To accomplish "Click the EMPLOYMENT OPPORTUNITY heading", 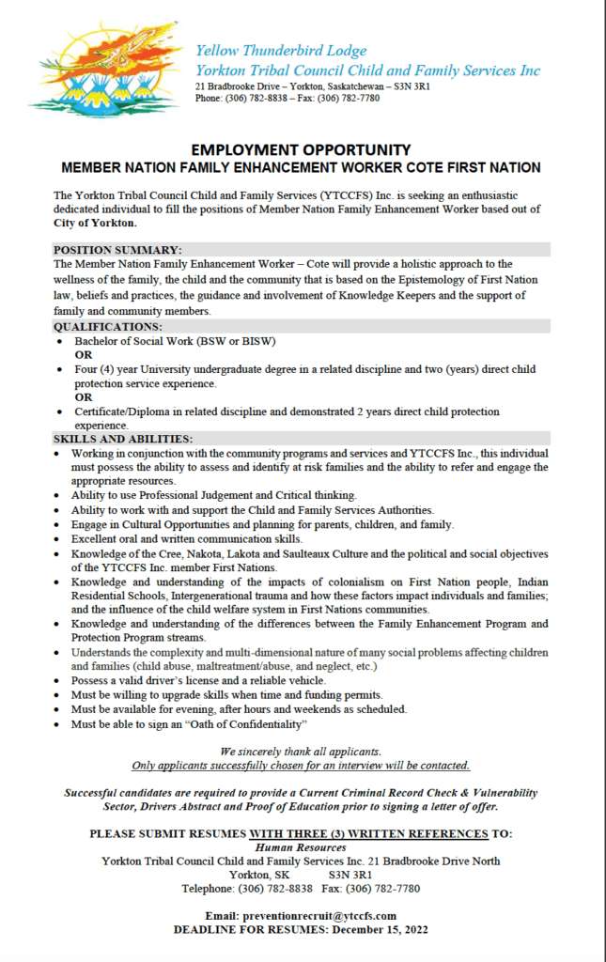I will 302,150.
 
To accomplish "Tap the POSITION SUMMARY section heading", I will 117,250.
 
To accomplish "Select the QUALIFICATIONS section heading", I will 108,326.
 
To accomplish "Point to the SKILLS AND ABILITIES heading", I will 123,439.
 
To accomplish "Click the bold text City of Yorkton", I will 96,223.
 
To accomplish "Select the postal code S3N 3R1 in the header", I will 411,86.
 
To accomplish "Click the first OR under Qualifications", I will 84,355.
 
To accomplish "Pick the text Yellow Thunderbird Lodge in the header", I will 280,51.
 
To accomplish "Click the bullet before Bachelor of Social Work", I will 61,341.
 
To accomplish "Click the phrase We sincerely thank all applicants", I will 301,752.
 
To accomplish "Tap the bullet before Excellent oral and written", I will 61,539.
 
